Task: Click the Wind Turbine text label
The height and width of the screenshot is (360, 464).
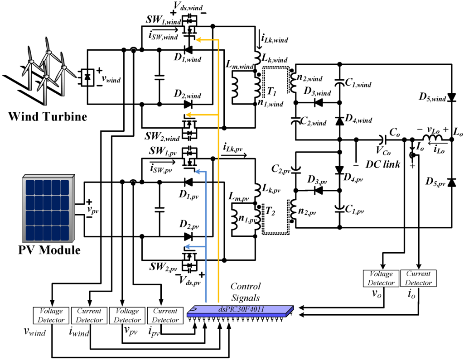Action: [x=47, y=117]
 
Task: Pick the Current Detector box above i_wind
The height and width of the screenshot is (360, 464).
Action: [x=89, y=315]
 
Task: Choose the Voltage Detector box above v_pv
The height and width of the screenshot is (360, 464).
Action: [x=127, y=315]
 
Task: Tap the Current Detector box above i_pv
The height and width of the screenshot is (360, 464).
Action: [x=165, y=315]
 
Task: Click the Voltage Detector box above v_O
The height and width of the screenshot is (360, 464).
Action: [x=381, y=278]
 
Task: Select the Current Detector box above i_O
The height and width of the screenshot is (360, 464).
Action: [x=418, y=278]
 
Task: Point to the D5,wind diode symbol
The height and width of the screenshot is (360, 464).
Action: [x=452, y=97]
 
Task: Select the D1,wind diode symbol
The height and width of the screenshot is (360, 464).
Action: [x=188, y=49]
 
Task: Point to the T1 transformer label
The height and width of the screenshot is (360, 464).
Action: [x=272, y=92]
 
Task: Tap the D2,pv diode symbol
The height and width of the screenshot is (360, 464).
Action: [x=188, y=236]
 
